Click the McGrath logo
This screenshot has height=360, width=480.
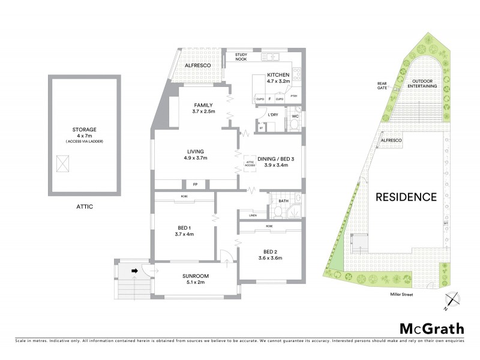pos(431,328)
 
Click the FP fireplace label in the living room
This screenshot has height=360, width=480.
pos(195,184)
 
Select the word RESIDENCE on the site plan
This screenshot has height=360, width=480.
pos(406,196)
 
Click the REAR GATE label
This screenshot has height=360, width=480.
pos(382,85)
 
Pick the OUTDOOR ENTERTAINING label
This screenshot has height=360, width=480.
pos(424,83)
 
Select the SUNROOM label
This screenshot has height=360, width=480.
pos(196,276)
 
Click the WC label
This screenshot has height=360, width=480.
pos(295,116)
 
